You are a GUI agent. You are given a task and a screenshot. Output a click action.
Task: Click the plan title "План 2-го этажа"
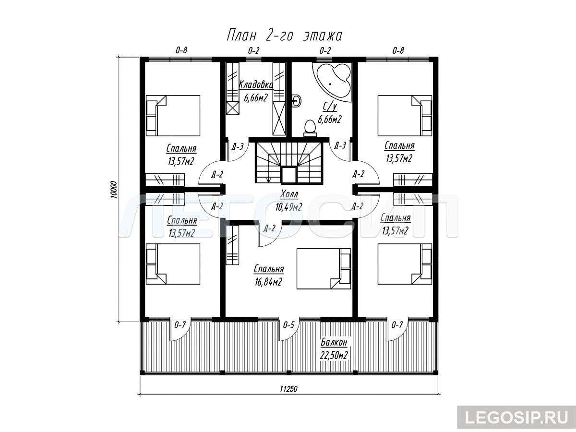pyautogui.click(x=285, y=35)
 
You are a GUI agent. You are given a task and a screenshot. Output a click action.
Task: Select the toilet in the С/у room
pyautogui.click(x=310, y=129)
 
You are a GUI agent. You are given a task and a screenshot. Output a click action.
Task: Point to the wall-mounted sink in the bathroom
pyautogui.click(x=297, y=100)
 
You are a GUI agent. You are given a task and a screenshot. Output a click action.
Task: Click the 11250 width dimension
pyautogui.click(x=288, y=389)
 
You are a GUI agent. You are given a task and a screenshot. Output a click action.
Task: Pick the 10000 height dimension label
pyautogui.click(x=113, y=190)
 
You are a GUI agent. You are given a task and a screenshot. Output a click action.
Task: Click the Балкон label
pyautogui.click(x=334, y=342)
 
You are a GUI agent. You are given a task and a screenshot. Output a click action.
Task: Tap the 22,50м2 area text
pyautogui.click(x=334, y=355)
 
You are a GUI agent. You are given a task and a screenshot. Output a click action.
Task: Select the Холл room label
pyautogui.click(x=289, y=194)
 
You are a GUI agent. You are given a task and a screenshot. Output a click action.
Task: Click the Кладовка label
pyautogui.click(x=255, y=85)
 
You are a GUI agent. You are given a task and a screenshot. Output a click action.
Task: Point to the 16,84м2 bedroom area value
pyautogui.click(x=268, y=282)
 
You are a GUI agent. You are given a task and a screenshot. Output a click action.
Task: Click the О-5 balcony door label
pyautogui.click(x=288, y=325)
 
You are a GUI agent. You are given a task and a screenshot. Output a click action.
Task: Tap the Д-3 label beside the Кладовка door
pyautogui.click(x=238, y=146)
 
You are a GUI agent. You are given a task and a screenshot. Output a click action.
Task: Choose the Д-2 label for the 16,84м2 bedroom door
pyautogui.click(x=269, y=228)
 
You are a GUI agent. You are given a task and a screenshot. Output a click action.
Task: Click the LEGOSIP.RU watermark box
pyautogui.click(x=516, y=417)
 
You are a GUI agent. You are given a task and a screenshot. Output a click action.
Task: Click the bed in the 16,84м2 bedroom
pyautogui.click(x=324, y=269)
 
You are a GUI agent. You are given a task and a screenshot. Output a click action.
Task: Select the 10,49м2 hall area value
pyautogui.click(x=288, y=207)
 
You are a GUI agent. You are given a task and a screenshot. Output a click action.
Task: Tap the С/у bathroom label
pyautogui.click(x=330, y=107)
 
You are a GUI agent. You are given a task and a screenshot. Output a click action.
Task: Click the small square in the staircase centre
pyautogui.click(x=289, y=176)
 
